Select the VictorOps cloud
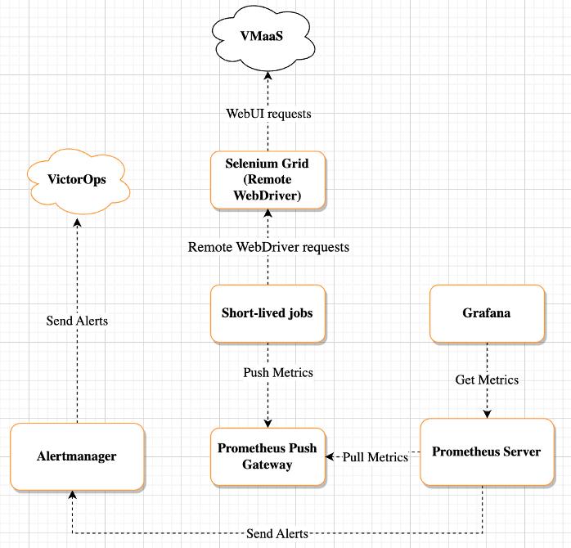coord(78,181)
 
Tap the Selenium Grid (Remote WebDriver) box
coord(268,180)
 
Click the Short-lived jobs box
coord(268,313)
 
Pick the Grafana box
coord(487,313)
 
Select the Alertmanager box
coord(77,456)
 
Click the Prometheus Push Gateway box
coord(268,456)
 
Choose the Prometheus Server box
coord(488,451)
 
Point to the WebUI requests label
coord(268,114)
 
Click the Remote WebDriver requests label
coord(268,247)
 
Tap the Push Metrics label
coord(278,372)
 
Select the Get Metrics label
coord(487,380)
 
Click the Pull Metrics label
coord(375,457)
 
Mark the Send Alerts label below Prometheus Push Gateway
coord(277,533)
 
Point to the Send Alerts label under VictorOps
coord(77,321)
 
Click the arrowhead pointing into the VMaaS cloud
coord(268,75)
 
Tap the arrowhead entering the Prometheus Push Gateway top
coord(268,424)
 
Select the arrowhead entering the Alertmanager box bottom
coord(73,495)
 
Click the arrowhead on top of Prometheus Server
coord(488,414)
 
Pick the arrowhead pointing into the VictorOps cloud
coord(77,222)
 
